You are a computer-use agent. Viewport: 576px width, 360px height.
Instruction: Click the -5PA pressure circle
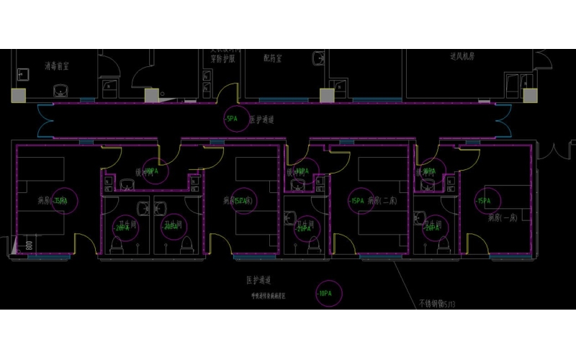click(x=233, y=119)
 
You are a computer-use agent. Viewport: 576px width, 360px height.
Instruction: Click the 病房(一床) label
click(x=503, y=217)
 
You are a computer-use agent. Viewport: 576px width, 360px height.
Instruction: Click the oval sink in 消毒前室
click(x=60, y=90)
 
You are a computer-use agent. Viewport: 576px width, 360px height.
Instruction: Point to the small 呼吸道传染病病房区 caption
click(x=262, y=295)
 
